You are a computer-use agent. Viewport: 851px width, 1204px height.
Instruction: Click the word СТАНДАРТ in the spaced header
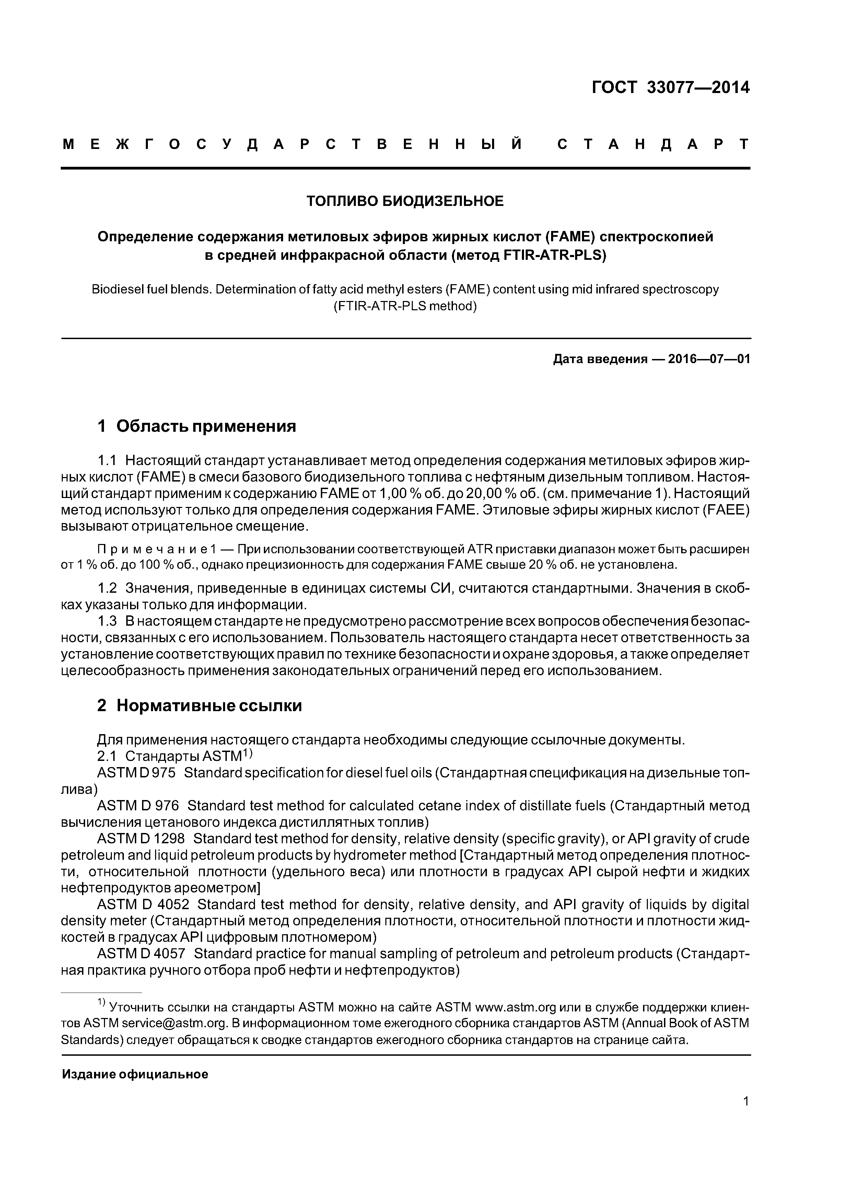tap(653, 144)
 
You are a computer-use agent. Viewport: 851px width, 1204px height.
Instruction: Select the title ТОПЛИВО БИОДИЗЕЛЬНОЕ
tap(405, 201)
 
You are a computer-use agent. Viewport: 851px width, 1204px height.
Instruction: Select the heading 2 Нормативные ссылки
tap(199, 706)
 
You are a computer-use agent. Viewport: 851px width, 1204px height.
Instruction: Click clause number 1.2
tap(107, 588)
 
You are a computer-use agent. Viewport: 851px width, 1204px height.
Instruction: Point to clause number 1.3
tap(107, 622)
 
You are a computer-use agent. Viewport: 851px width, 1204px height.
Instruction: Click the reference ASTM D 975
tap(136, 773)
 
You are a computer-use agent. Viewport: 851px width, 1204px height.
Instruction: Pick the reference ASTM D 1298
tap(141, 838)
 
